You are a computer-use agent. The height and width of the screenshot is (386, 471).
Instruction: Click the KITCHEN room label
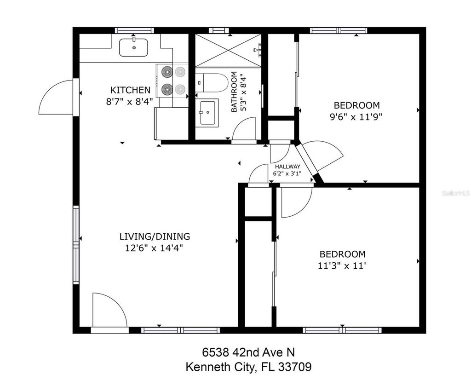point(130,90)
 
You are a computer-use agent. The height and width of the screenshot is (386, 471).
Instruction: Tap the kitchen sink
point(133,47)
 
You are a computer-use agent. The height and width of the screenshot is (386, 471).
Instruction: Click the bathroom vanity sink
point(207,113)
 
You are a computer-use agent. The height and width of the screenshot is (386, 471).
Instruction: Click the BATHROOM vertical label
point(234,92)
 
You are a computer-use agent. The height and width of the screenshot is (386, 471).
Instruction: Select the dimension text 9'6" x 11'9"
point(356,117)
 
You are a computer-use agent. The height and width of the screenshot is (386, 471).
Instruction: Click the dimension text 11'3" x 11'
point(343,265)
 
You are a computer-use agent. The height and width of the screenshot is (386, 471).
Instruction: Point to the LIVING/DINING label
point(155,236)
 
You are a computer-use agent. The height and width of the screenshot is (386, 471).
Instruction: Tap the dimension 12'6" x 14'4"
point(155,248)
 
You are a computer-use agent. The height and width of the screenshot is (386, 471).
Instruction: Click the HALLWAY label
point(287,167)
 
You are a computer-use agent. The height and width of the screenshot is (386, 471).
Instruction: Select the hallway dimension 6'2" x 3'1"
point(287,173)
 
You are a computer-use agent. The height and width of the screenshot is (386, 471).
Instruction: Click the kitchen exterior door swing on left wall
point(56,98)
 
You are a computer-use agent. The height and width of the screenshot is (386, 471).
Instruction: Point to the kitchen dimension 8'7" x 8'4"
point(130,101)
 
